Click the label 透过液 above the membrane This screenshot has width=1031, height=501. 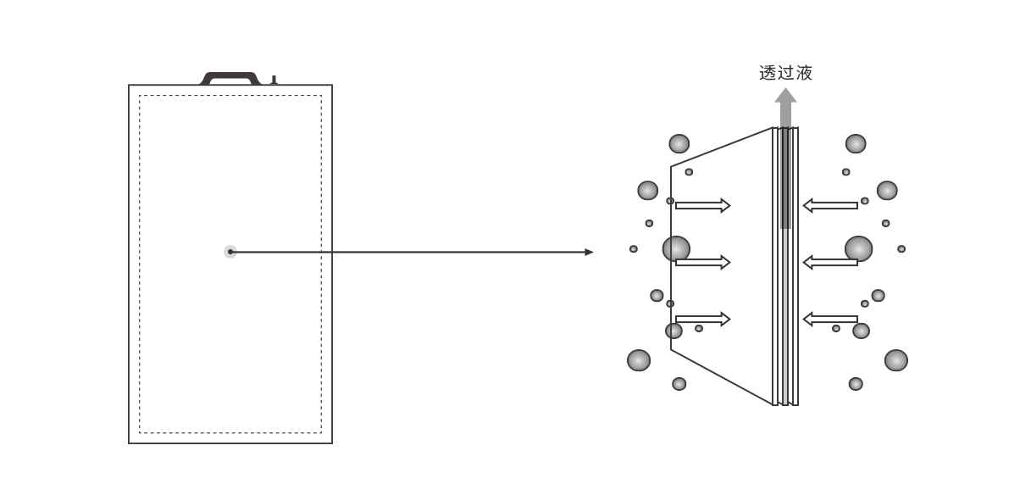[x=785, y=73]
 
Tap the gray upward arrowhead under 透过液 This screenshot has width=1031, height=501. [x=785, y=95]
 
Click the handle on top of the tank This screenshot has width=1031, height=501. [x=230, y=78]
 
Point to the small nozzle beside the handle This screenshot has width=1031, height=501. [x=274, y=81]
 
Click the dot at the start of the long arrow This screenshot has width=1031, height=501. [x=230, y=252]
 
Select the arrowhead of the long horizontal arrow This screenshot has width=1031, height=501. [x=589, y=252]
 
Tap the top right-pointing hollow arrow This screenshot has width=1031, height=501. [x=703, y=205]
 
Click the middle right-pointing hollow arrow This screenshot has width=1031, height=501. [x=703, y=263]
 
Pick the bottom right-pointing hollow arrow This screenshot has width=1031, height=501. [x=703, y=319]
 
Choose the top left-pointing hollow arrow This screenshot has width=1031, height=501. [x=830, y=205]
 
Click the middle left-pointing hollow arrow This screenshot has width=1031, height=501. [x=830, y=263]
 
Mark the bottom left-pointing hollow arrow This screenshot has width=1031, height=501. [x=830, y=319]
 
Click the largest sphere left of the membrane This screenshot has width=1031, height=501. [x=676, y=248]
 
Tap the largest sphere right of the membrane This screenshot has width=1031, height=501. [x=858, y=248]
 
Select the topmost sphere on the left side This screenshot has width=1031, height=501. [x=679, y=143]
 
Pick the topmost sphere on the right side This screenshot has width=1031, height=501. [x=856, y=143]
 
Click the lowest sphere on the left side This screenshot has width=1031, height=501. [x=679, y=383]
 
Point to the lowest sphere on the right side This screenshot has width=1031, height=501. [x=856, y=383]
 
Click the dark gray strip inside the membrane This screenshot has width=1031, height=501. [x=785, y=178]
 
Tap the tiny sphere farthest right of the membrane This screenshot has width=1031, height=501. [x=901, y=249]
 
